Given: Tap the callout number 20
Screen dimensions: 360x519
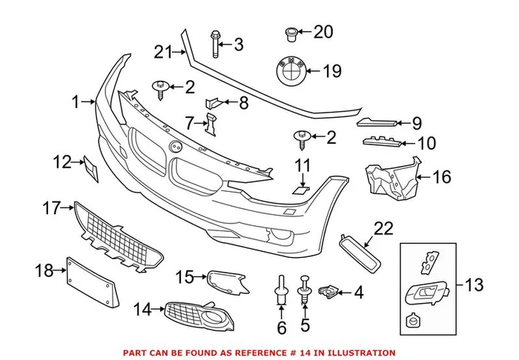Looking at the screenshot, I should pyautogui.click(x=323, y=32).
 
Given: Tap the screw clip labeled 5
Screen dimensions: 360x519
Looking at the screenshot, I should pyautogui.click(x=304, y=289).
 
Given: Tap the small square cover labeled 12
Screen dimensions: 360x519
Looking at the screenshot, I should pyautogui.click(x=88, y=169).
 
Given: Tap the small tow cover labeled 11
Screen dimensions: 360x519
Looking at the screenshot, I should pyautogui.click(x=300, y=190).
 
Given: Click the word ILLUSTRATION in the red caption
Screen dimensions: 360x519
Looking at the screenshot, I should pyautogui.click(x=359, y=353).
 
